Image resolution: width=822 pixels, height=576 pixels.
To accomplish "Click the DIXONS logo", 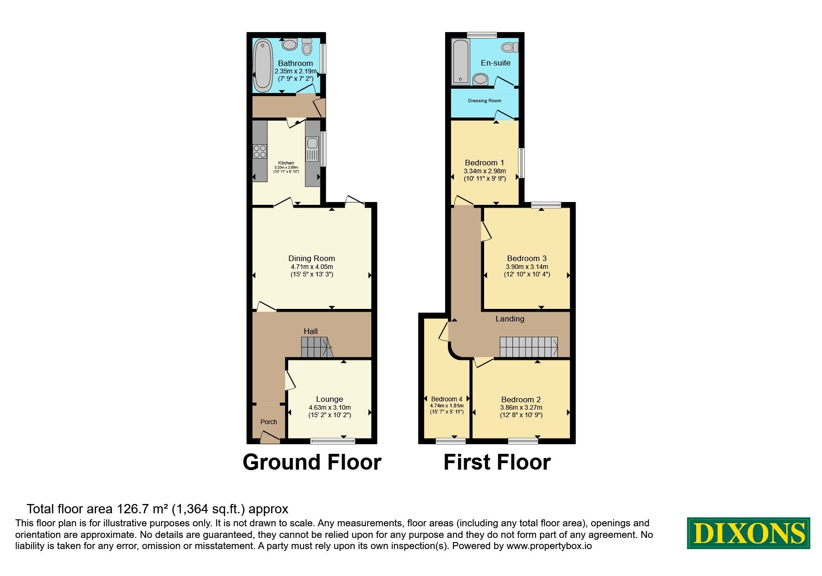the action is (x=748, y=533).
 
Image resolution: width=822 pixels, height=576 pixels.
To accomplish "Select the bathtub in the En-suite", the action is (x=461, y=62).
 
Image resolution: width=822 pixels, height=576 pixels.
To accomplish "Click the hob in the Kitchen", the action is (x=260, y=151).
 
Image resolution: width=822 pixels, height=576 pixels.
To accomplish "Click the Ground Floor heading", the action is (x=312, y=462).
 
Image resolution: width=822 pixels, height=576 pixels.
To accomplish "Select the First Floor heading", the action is (x=497, y=462).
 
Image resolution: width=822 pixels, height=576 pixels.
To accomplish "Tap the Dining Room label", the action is (x=311, y=258).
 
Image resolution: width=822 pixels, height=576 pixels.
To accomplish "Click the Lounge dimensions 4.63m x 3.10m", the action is (x=330, y=407).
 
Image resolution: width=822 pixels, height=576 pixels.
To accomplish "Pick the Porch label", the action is (x=269, y=422).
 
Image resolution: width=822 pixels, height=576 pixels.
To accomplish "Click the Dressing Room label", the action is (x=485, y=101).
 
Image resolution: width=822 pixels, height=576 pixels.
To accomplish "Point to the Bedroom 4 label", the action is (x=447, y=399).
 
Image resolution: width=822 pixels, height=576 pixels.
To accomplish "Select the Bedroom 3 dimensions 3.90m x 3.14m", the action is (x=527, y=267).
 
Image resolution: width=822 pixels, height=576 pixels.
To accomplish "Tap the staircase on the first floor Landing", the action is (x=529, y=347).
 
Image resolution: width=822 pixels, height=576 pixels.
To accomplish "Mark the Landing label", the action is (x=510, y=319).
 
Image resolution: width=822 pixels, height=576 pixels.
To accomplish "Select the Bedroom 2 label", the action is (x=521, y=399).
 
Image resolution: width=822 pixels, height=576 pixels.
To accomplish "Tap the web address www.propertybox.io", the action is (x=549, y=546).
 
